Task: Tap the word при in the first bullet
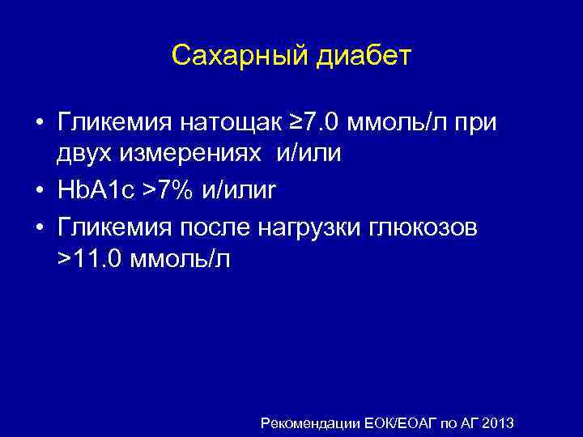479,123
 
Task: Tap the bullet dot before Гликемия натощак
40,124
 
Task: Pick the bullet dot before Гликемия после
40,228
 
